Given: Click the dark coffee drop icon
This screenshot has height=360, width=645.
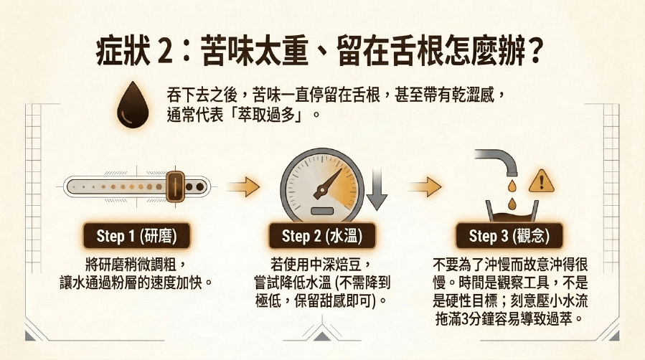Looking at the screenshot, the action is click(133, 105).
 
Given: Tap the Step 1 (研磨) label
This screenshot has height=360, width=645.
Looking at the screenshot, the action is click(136, 236).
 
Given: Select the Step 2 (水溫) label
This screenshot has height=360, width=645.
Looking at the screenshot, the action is click(322, 236).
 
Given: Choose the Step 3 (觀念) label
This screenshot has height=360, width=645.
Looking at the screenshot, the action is click(509, 236).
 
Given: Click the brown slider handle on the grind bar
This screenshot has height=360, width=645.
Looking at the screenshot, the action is click(175, 187).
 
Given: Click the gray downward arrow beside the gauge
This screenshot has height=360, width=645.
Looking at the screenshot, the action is click(377, 189).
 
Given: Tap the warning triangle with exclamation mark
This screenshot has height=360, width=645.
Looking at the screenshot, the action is click(542, 181).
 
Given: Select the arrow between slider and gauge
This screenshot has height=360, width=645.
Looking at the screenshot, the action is click(243, 187).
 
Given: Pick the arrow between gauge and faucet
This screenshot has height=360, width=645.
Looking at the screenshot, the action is click(425, 187).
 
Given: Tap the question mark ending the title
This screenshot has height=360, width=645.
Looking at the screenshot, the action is click(535, 52).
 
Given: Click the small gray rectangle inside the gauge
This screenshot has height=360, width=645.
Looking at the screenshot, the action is click(322, 212).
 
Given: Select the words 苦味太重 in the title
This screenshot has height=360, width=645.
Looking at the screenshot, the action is click(255, 52).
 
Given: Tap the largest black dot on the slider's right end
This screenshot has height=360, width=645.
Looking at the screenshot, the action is click(200, 187).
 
